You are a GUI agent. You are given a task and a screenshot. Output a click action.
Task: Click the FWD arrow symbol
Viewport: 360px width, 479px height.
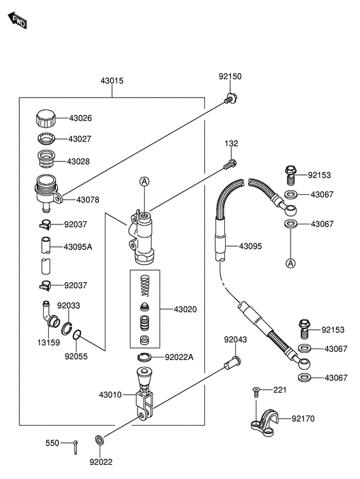pos(17,20)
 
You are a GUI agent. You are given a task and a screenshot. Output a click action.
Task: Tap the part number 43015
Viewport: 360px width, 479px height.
pos(112,80)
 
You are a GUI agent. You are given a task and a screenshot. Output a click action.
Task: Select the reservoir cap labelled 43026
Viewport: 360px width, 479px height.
pos(46,118)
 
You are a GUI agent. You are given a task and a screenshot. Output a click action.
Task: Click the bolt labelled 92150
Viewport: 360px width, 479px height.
pos(231,98)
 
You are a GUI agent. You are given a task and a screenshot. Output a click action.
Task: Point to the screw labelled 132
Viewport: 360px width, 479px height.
pos(230,164)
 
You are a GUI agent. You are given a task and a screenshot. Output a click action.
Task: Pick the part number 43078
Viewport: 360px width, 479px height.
pos(87,200)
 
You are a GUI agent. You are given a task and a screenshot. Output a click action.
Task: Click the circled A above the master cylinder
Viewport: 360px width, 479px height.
pos(144,181)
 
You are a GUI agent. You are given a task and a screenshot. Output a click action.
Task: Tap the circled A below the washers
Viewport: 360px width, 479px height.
pos(291,263)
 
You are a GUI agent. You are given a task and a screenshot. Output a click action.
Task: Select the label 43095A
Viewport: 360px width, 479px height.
pos(78,247)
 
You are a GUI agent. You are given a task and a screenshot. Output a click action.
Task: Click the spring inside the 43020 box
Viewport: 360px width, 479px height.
pos(145,285)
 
